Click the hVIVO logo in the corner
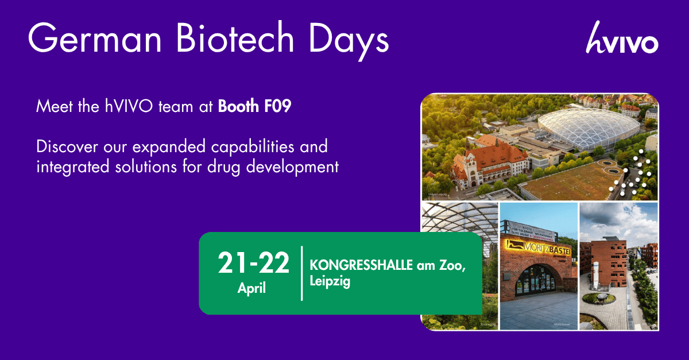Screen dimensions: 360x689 622,38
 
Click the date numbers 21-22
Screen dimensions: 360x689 253,264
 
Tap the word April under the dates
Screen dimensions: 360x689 252,288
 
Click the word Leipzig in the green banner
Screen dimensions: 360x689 330,282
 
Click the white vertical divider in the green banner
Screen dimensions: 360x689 301,273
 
